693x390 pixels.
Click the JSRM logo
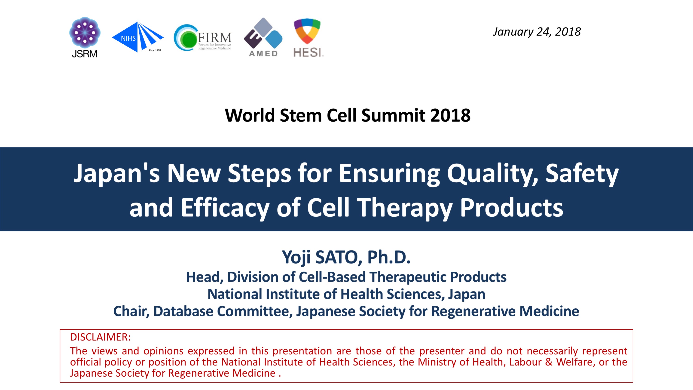click(x=85, y=37)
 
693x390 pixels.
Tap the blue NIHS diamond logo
click(x=137, y=37)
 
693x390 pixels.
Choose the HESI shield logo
click(x=308, y=38)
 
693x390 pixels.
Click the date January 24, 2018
click(x=537, y=32)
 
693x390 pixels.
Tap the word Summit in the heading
click(x=393, y=115)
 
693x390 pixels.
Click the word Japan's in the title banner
click(x=117, y=174)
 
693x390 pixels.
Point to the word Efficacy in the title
click(x=225, y=208)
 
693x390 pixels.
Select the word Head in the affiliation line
click(x=204, y=277)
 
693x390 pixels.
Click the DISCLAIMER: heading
click(x=100, y=337)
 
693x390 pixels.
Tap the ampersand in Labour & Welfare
click(x=549, y=362)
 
